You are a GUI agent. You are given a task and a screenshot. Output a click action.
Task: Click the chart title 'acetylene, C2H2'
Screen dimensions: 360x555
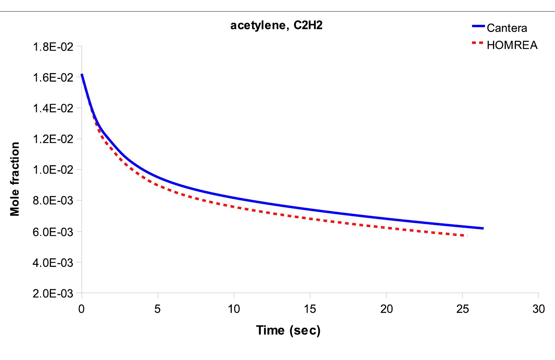tap(276, 26)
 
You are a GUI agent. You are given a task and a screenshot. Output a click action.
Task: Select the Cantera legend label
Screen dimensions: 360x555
tap(507, 28)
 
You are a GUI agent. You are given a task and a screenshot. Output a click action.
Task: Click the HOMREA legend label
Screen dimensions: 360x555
tap(512, 45)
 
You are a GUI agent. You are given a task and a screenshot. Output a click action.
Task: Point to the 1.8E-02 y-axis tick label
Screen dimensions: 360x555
tap(53, 47)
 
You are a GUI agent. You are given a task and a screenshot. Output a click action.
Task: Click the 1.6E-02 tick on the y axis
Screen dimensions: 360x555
tap(53, 78)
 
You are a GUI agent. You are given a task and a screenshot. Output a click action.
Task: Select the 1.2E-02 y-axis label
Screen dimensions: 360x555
tap(53, 139)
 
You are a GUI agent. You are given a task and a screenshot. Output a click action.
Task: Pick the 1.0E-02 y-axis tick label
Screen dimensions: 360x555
tap(53, 170)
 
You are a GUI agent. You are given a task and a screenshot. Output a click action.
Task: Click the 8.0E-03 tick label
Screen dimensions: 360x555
tap(53, 201)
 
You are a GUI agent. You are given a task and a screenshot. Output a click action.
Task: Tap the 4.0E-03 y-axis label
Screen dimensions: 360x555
tap(53, 262)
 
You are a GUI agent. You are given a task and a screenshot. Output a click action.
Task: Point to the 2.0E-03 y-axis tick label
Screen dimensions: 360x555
tap(53, 293)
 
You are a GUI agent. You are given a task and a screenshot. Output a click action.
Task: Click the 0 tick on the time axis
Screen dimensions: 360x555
tap(81, 309)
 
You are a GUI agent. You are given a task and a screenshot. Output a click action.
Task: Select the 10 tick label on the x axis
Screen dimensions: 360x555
tap(233, 309)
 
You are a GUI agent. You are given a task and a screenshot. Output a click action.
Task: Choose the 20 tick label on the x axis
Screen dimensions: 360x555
tap(386, 309)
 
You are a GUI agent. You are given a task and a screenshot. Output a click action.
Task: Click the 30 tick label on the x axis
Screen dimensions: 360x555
tap(538, 309)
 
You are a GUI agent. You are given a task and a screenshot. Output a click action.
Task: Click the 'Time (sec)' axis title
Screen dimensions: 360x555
tap(288, 330)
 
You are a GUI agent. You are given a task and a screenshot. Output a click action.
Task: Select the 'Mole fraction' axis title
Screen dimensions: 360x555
tap(15, 179)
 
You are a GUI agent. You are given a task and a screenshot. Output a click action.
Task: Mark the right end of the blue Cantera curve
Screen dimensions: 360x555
tap(483, 228)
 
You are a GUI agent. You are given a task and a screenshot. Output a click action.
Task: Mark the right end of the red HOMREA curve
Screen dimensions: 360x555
tap(467, 236)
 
